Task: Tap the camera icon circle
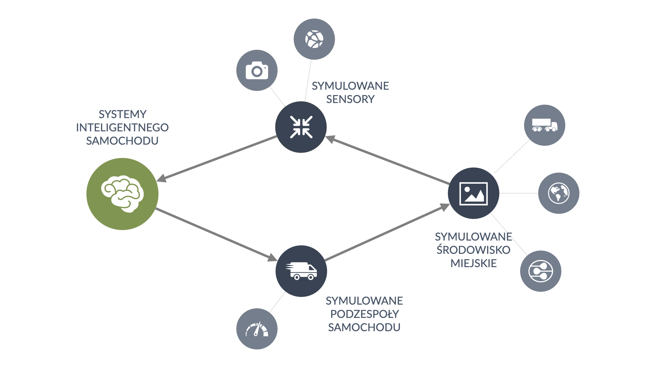257,71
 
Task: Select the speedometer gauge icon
257,329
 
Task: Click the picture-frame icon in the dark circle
473,193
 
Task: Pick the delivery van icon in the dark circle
301,271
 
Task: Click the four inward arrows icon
301,127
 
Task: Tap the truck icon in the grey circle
544,125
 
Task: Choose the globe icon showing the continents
559,193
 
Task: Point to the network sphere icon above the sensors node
314,39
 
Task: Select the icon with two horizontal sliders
541,271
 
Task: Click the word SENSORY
350,99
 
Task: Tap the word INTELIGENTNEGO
122,127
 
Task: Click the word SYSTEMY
122,114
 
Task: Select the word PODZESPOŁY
364,314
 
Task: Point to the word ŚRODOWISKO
473,250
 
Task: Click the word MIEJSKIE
473,263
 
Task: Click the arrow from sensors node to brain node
218,157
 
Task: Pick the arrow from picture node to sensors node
388,160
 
